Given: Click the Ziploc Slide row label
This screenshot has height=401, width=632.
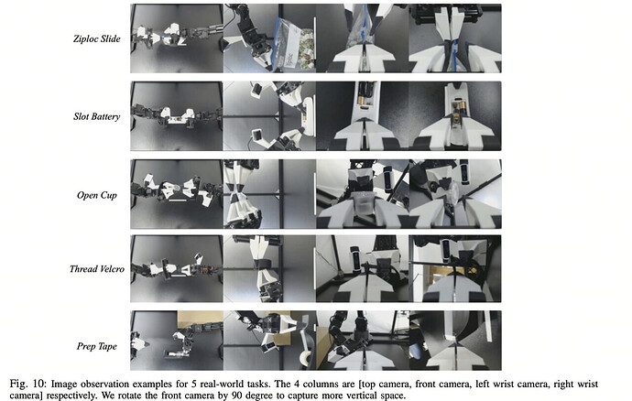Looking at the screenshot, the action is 97,39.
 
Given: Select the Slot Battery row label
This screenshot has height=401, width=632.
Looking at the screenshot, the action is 97,117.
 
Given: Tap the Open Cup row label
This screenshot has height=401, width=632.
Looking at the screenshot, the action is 97,195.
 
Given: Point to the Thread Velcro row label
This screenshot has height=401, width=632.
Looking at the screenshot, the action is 97,269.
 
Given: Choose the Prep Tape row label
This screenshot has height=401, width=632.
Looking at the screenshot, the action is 97,347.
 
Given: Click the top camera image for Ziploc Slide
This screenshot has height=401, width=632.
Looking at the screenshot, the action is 177,38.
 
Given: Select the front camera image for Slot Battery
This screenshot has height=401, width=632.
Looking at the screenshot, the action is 269,116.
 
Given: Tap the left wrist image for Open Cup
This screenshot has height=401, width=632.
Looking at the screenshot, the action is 363,194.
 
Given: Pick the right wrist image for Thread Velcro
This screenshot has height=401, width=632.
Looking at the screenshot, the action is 455,269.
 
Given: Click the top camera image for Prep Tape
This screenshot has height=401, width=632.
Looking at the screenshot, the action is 177,341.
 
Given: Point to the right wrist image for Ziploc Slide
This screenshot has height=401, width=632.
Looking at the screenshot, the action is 455,38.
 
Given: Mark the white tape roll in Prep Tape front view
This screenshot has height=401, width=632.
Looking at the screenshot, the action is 306,358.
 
